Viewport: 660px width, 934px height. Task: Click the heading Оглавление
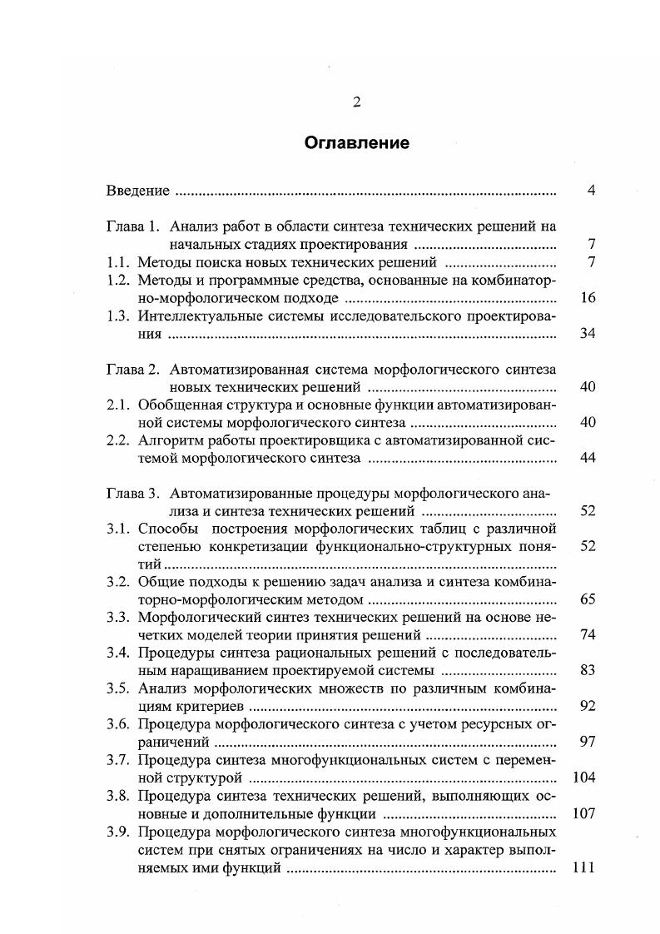click(356, 143)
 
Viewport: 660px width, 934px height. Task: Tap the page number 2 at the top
click(356, 102)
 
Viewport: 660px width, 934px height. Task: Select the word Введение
click(138, 191)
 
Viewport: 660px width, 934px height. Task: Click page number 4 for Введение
click(590, 191)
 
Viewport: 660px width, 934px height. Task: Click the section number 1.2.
click(119, 280)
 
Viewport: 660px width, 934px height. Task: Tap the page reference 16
click(588, 298)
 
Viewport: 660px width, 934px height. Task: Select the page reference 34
click(588, 334)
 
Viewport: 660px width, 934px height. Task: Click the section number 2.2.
click(119, 440)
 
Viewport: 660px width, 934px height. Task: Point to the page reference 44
click(588, 458)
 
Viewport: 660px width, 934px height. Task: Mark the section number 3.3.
click(119, 617)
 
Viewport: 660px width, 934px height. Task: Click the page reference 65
click(588, 599)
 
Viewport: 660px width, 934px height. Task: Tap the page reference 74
click(588, 635)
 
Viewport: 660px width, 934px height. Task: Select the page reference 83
click(588, 671)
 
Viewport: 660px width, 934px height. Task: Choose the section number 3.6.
click(119, 724)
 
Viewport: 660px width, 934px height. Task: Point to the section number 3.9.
click(119, 832)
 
